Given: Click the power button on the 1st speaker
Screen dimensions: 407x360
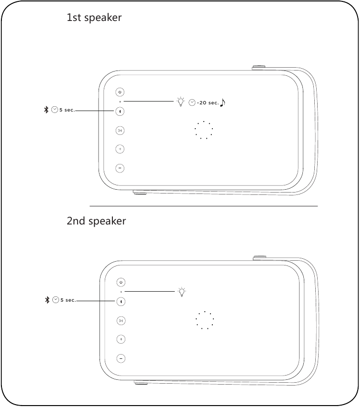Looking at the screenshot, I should (x=120, y=92).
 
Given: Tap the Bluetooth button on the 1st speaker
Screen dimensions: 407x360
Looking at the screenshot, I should (x=120, y=111).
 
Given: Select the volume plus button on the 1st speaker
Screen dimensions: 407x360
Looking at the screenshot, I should (x=120, y=149).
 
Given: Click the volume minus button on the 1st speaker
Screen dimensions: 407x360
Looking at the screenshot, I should (x=120, y=168).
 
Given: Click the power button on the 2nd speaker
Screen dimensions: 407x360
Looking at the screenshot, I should (x=121, y=283).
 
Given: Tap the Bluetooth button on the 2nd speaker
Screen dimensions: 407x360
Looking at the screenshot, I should (x=121, y=301).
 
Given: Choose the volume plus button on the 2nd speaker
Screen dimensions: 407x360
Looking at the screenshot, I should (x=121, y=339).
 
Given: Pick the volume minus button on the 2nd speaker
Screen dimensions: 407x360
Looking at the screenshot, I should (x=121, y=358).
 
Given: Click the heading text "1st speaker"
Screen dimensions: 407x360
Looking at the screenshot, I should (x=94, y=18).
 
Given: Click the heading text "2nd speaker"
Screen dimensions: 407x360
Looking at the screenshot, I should (x=96, y=221).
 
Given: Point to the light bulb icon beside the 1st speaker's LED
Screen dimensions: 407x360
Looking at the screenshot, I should (x=180, y=102).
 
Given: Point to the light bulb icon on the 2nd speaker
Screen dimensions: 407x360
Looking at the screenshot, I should (x=181, y=292).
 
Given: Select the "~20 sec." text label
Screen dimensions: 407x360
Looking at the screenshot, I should (x=208, y=103).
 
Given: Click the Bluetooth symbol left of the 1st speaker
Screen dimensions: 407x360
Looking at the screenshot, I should (x=46, y=110).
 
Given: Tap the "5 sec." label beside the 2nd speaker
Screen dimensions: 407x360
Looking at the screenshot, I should (x=68, y=300).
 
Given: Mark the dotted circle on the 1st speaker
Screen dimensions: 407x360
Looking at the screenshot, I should (x=204, y=130).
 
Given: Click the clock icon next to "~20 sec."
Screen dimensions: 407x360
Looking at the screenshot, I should (x=191, y=102).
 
